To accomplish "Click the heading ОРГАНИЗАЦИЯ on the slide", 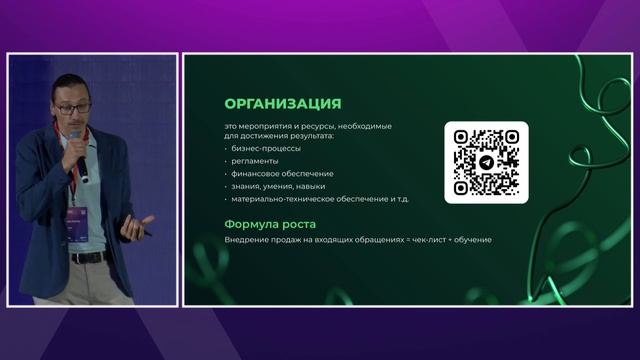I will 282,104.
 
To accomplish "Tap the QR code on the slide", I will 486,161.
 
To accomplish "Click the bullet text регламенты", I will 255,161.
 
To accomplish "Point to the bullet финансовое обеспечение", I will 277,173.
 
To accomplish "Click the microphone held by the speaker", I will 77,150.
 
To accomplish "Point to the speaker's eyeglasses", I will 73,107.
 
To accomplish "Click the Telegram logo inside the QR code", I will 486,161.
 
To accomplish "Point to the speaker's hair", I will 69,84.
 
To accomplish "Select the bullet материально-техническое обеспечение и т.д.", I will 319,199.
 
